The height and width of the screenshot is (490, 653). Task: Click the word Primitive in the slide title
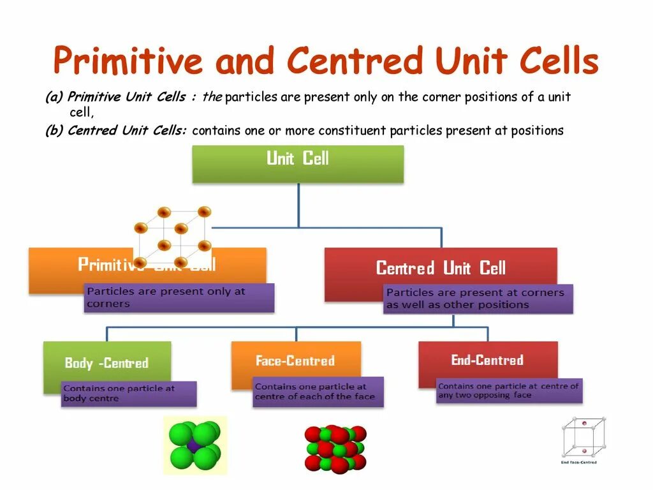[x=128, y=62]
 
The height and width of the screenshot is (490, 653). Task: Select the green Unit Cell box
[x=298, y=163]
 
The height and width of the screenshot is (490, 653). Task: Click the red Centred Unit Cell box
[x=440, y=267]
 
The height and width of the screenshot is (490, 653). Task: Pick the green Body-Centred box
[x=106, y=362]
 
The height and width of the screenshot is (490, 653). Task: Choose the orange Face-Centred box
[x=295, y=360]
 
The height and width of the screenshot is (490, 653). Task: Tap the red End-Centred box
[x=487, y=360]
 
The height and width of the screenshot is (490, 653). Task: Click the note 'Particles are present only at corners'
[x=179, y=297]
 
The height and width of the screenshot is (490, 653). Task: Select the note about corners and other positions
[x=477, y=299]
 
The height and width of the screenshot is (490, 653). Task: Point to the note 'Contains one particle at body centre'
[x=128, y=394]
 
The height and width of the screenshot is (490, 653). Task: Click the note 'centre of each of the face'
[x=318, y=392]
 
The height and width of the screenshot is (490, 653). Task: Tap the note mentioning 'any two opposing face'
[x=509, y=390]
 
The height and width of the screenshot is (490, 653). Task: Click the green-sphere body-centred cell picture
[x=194, y=445]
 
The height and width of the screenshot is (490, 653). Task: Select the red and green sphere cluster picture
[x=335, y=449]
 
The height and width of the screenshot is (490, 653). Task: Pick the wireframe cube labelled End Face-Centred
[x=583, y=440]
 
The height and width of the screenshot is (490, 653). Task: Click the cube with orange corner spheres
[x=172, y=236]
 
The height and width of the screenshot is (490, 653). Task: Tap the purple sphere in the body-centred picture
[x=194, y=445]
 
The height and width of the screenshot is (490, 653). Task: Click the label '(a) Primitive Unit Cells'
[x=115, y=98]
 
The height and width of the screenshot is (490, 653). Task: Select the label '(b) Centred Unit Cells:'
[x=115, y=131]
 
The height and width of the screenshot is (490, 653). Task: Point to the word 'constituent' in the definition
[x=352, y=131]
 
